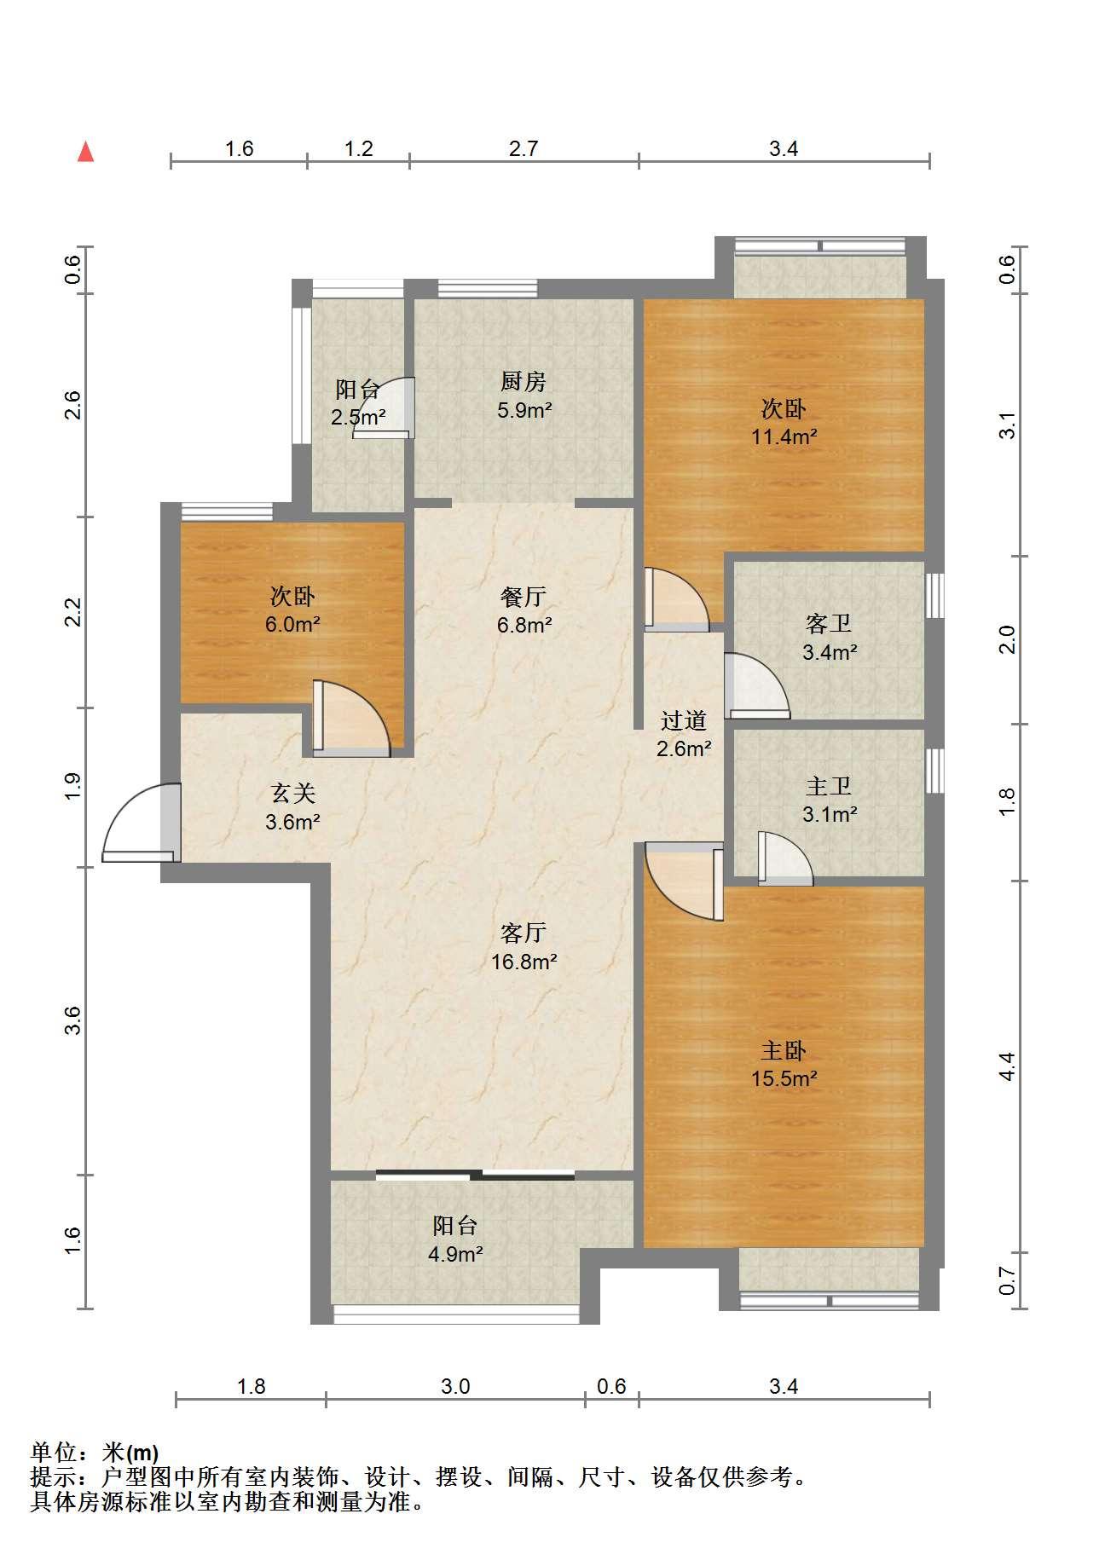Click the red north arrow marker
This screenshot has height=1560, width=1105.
[85, 152]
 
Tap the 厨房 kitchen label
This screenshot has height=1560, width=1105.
[524, 381]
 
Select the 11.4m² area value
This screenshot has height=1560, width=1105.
[784, 437]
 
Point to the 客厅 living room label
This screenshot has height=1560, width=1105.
[524, 933]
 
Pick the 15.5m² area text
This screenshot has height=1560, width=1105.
[784, 1078]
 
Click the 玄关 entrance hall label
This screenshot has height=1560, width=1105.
[293, 794]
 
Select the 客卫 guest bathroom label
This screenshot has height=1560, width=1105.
[829, 623]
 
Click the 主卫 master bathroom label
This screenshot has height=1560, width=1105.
[829, 785]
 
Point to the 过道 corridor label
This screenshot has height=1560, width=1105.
[684, 720]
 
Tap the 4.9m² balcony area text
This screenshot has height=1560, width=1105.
[455, 1254]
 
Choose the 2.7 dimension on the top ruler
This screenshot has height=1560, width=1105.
[524, 149]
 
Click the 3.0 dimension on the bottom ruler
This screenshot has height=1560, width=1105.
[455, 1387]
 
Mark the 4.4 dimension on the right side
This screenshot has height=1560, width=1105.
[1007, 1066]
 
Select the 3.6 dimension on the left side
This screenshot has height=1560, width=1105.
[73, 1020]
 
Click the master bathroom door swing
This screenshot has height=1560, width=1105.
[784, 858]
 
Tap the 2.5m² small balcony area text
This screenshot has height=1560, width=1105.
[358, 418]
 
